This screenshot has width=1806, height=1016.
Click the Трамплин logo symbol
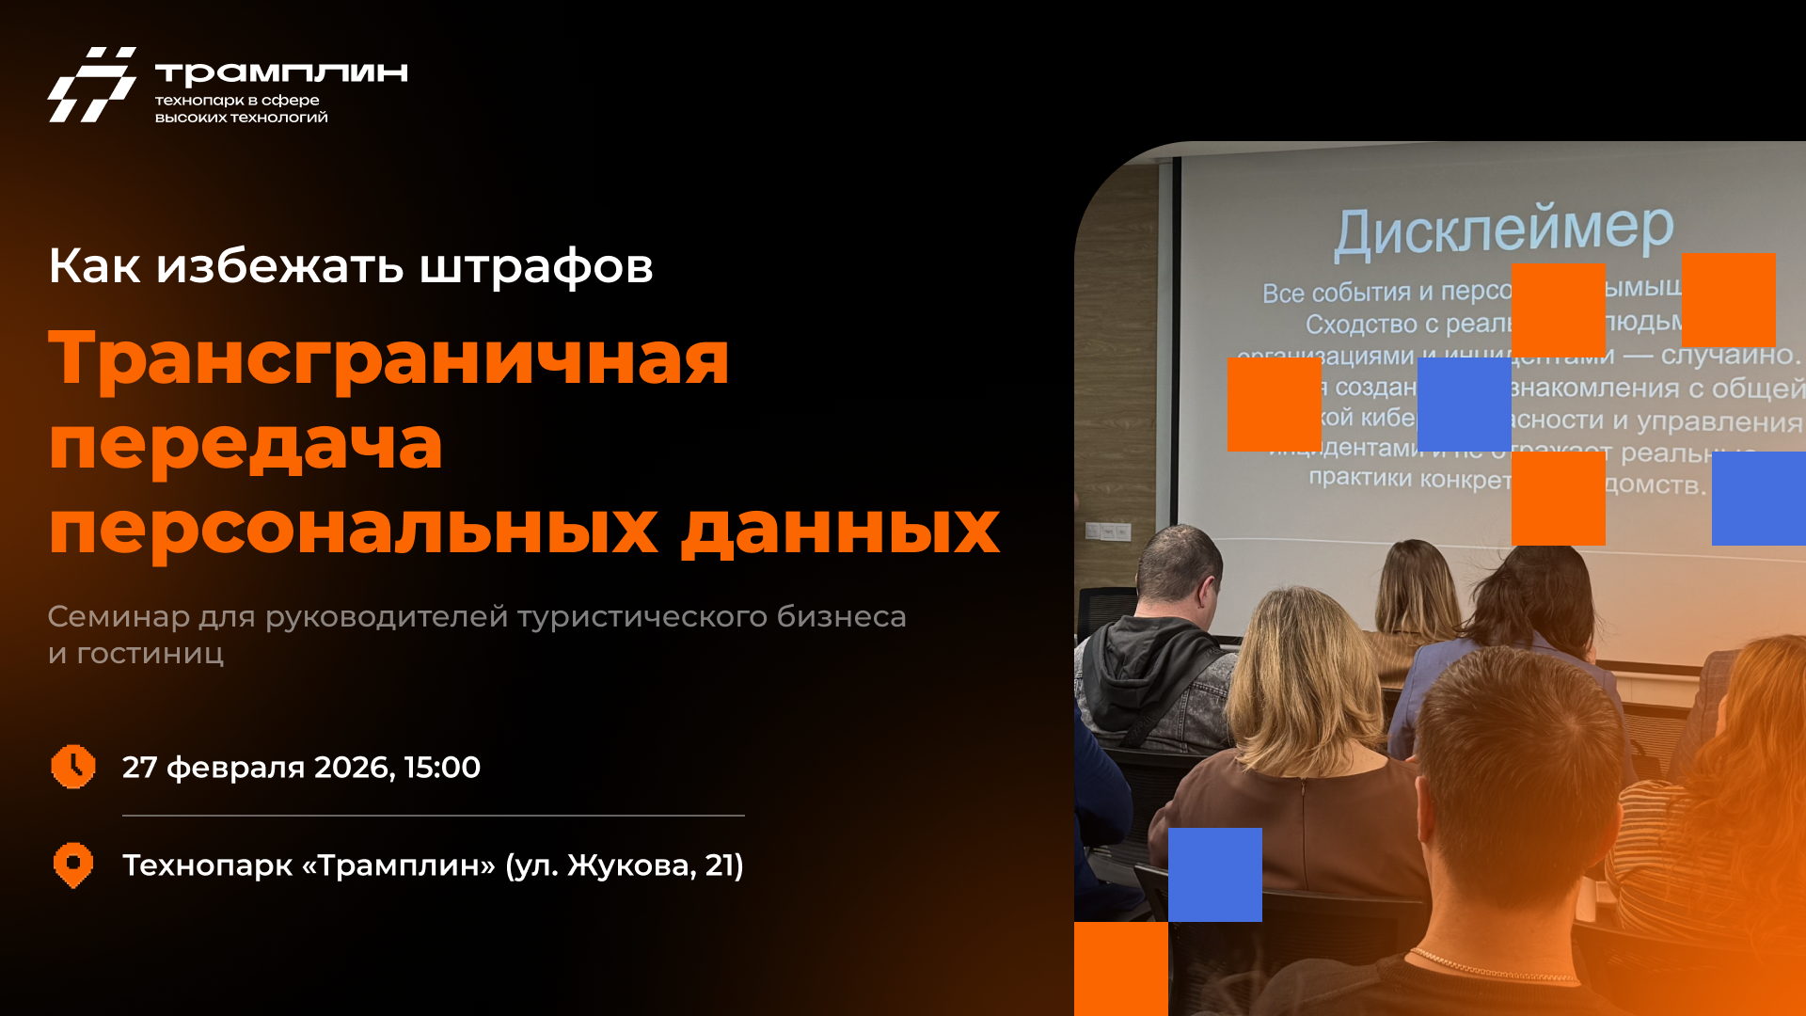coord(92,84)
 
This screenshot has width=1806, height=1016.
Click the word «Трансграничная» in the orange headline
coord(388,358)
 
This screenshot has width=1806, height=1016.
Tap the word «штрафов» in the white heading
coord(535,266)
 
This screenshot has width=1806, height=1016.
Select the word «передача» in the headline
coord(246,444)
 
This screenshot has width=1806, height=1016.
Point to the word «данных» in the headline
coord(840,528)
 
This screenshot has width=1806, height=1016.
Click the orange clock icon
coord(72,767)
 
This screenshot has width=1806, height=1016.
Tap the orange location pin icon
coord(72,865)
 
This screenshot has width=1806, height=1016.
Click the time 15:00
coord(442,768)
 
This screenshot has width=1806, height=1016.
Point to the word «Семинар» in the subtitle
coord(119,617)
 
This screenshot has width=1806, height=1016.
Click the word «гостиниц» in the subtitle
coord(150,654)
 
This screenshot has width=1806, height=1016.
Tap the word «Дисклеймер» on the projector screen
coord(1503,230)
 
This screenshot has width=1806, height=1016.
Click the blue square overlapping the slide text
coord(1464,405)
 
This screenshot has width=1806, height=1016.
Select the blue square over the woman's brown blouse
coord(1214,874)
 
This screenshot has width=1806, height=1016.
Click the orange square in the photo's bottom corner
coord(1120,968)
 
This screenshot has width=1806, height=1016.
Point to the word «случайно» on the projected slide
coord(1729,356)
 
